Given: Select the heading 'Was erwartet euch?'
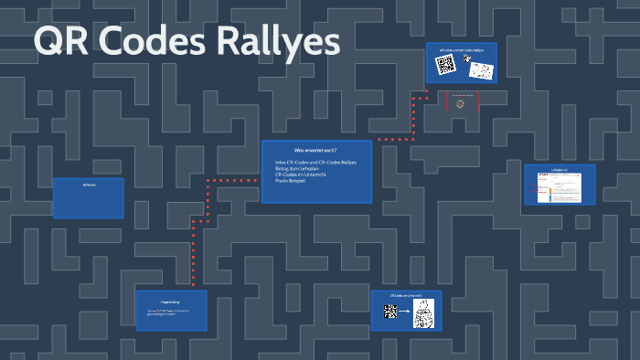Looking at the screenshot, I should click(315, 149).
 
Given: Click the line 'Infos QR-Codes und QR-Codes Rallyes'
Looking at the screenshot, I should click(315, 163).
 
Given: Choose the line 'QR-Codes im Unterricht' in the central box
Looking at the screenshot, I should click(303, 175).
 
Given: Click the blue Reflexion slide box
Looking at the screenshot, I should click(89, 198).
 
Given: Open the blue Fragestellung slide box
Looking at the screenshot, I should click(171, 311).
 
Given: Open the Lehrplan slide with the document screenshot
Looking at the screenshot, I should click(560, 185).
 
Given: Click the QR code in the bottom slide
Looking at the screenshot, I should click(390, 312).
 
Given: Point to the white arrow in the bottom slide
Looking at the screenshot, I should click(406, 312).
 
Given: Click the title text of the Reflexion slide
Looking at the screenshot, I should click(89, 185).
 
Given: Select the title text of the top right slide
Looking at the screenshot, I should click(461, 49).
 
